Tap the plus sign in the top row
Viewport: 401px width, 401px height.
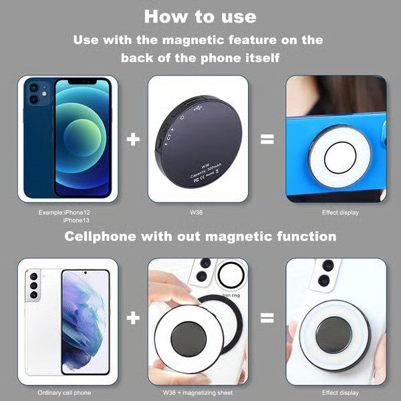[x=134, y=139]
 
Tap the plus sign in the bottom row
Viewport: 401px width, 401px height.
[x=134, y=317]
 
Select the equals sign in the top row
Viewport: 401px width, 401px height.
[x=267, y=139]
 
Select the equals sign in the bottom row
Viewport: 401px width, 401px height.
[x=267, y=317]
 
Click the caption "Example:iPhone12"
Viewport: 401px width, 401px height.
[x=64, y=212]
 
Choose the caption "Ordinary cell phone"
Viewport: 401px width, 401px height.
[x=64, y=392]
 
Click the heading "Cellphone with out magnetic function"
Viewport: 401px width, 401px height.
[x=199, y=237]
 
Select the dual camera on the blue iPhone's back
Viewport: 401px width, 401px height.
[x=33, y=94]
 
